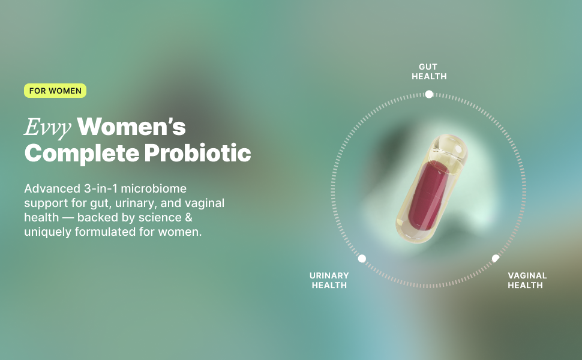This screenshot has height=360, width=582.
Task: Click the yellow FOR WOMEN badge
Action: tap(55, 91)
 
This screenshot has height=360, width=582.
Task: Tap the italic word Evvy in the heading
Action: tap(48, 128)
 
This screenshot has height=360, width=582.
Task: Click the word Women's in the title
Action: tap(131, 127)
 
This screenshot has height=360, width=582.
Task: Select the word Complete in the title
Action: tap(81, 154)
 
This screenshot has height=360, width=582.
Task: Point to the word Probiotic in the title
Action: tap(198, 152)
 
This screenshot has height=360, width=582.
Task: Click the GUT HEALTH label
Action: tap(429, 71)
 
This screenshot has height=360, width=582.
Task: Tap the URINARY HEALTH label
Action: tap(329, 281)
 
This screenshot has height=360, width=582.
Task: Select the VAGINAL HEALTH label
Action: tap(527, 281)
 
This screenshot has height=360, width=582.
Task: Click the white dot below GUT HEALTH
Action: tap(429, 94)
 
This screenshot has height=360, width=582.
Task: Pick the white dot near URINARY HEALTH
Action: tap(362, 259)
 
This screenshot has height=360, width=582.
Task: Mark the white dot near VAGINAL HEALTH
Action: tap(496, 259)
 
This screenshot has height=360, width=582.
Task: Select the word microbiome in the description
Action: tap(154, 188)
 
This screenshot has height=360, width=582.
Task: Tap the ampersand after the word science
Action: tap(188, 217)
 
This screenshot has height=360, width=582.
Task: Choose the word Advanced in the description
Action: tap(52, 188)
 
